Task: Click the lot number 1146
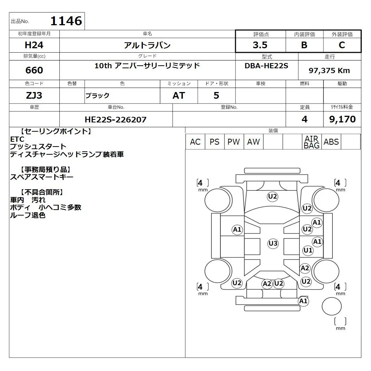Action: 66,21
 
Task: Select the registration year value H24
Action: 34,45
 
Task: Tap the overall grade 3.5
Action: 260,45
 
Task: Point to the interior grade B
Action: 304,45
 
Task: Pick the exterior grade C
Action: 342,45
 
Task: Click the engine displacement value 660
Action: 34,70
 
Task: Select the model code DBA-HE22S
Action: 266,66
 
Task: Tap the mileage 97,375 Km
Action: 329,70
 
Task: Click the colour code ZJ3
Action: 34,95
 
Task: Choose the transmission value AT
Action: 179,95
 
